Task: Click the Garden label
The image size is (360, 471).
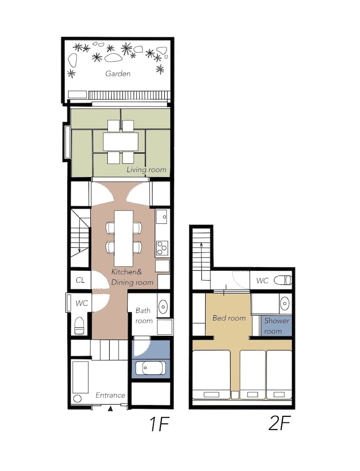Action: coord(118,73)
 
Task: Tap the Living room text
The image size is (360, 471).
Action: coord(146,170)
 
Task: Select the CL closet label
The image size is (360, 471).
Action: coord(80,280)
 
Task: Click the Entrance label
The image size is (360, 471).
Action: coord(110,395)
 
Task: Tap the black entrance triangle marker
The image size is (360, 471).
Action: coord(110,409)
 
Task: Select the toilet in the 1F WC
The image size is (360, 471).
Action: coord(80,325)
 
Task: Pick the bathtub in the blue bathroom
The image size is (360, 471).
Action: coord(151,367)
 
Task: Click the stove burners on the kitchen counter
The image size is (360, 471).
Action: coord(162,247)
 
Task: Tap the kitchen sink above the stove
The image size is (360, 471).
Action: coord(161,218)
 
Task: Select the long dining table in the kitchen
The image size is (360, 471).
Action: coord(124,237)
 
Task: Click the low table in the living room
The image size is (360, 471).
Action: coord(120,141)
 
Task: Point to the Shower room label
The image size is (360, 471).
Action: coord(277,325)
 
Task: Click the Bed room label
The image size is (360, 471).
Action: coord(229,318)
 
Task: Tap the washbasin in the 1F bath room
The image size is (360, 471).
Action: coord(162,306)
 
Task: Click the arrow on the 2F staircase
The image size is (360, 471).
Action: coord(201,244)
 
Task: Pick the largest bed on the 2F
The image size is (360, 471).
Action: coord(211,374)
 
